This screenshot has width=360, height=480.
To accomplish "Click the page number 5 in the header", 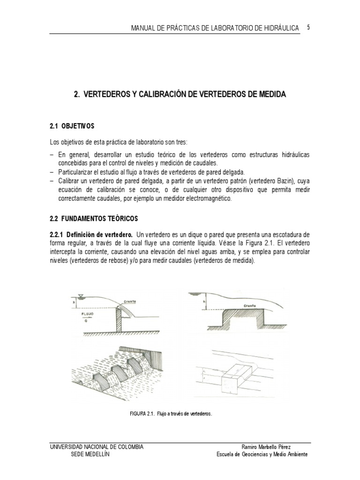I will tap(308, 28).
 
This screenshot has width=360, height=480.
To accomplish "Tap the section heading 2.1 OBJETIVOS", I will tap(72, 126).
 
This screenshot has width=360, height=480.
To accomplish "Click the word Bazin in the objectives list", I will tap(284, 181).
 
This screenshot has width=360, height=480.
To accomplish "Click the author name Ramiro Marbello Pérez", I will tap(265, 447).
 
